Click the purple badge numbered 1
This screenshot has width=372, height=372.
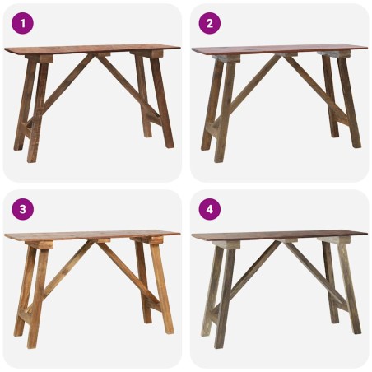point(22,24)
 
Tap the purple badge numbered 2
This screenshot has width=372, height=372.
point(209,24)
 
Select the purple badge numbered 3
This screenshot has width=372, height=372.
point(22,210)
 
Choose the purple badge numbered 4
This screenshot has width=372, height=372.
point(209,210)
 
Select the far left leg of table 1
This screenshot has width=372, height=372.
point(21,107)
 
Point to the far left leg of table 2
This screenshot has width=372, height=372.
point(209,107)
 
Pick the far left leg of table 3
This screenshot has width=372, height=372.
point(21,293)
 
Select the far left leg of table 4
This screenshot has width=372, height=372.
point(209,293)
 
